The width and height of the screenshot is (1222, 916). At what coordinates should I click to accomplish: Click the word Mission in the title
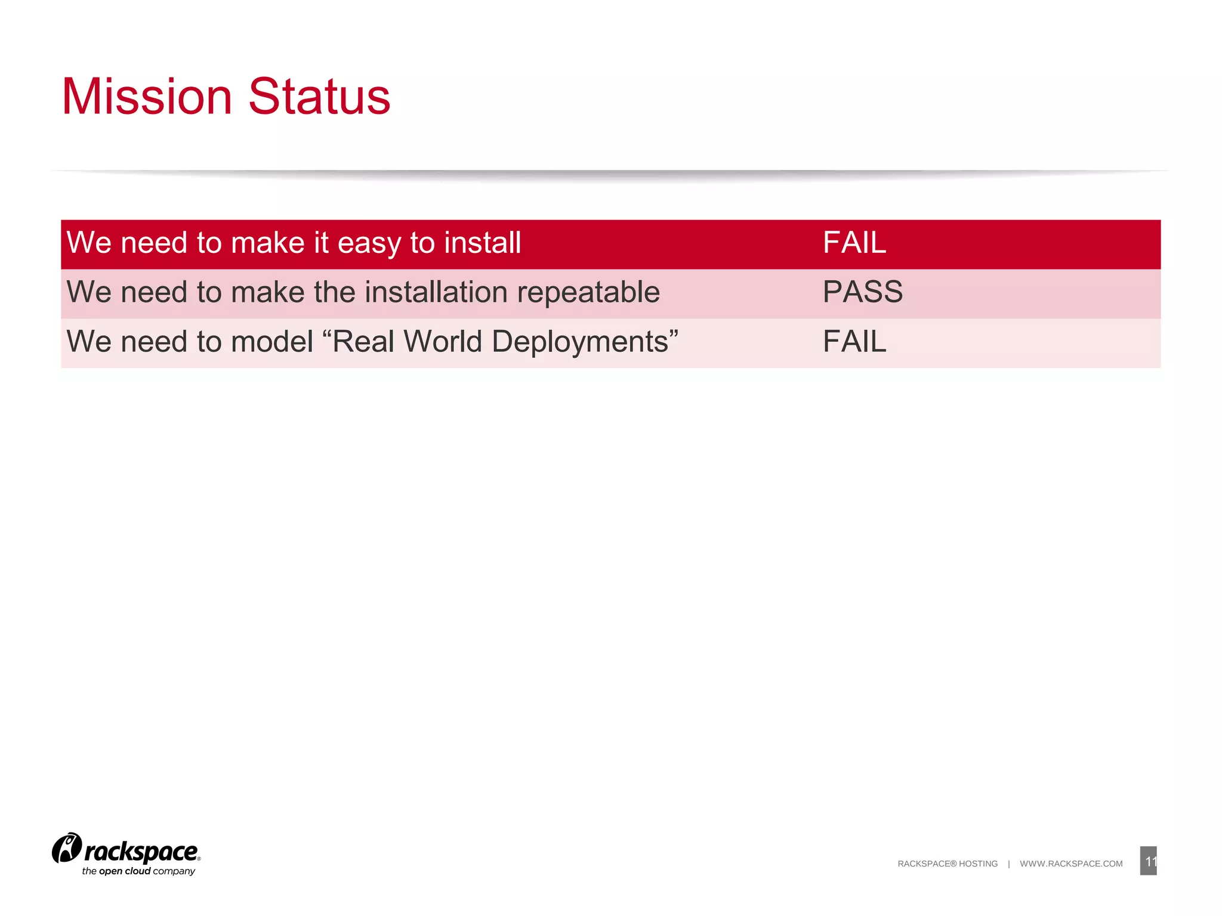coord(147,97)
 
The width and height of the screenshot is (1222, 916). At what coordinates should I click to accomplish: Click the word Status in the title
coord(319,97)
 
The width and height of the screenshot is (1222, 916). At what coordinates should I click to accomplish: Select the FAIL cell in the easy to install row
coord(854,243)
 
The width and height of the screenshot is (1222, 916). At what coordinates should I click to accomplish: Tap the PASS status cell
coord(862,292)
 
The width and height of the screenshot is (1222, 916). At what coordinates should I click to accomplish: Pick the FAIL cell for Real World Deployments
coord(854,342)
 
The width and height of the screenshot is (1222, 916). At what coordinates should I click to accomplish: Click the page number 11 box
coord(1148,861)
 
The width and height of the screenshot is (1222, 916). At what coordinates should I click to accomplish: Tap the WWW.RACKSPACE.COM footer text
coord(1071,864)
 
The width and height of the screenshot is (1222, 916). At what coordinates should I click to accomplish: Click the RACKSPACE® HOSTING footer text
coord(947,864)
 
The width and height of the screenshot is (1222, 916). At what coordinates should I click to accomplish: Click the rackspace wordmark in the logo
coord(141,852)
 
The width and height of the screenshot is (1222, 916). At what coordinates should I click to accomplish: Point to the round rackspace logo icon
coord(67,848)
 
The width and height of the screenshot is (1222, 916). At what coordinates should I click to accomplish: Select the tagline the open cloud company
coord(138,871)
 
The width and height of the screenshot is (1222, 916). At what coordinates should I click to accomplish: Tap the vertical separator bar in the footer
coord(1009,864)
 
